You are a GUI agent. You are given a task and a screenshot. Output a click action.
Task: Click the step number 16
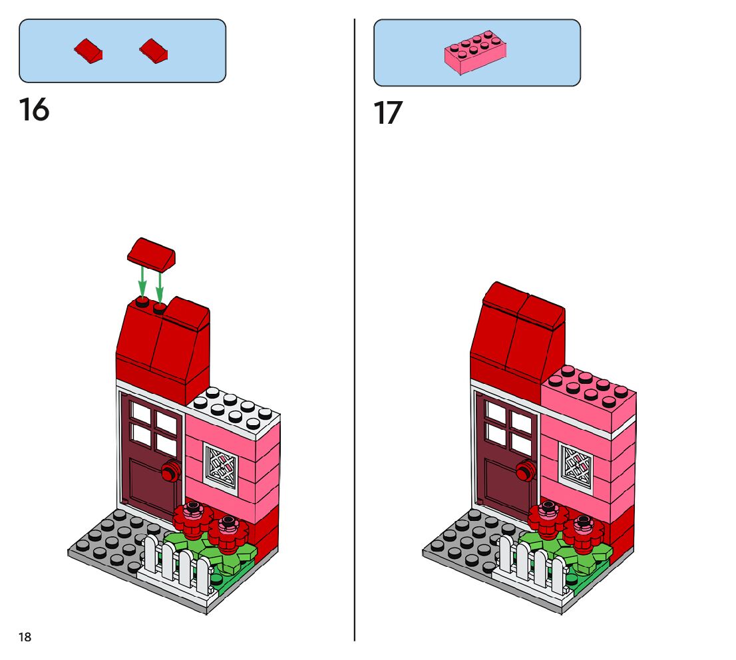34,109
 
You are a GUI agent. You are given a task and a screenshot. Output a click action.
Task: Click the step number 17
388,113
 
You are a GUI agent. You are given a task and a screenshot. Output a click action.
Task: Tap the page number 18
25,637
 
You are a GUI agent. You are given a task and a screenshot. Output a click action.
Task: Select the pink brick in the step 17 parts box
474,53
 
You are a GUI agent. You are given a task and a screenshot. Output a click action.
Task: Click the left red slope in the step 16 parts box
89,51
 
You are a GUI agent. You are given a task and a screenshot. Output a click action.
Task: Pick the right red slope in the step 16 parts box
154,50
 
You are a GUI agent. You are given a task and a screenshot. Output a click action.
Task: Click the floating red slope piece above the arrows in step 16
151,255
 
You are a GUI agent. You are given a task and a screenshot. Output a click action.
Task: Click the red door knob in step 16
170,472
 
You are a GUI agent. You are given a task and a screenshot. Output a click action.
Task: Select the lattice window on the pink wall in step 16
221,467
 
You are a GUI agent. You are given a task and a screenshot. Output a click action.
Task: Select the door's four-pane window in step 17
509,425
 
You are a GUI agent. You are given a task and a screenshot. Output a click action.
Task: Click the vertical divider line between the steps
355,333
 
